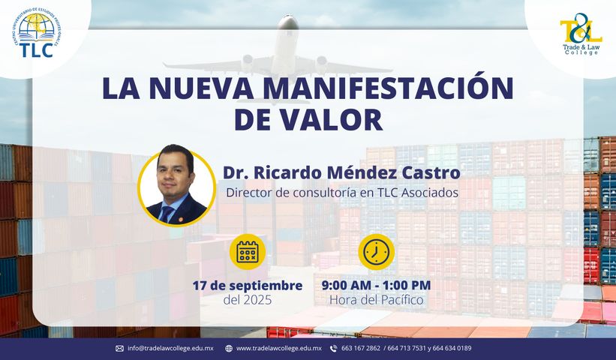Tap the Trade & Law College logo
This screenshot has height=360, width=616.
click(x=581, y=34)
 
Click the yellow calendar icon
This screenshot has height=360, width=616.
click(x=247, y=253)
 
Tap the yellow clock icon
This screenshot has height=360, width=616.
click(x=376, y=253)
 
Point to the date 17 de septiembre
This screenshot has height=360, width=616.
click(x=247, y=286)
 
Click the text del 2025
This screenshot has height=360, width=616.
click(x=247, y=301)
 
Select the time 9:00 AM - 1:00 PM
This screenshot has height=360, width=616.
click(x=376, y=286)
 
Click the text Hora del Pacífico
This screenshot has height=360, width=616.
click(x=376, y=301)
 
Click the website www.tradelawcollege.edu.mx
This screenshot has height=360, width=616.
click(x=279, y=348)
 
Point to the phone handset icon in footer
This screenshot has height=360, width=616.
click(x=333, y=348)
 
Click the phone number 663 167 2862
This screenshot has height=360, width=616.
click(x=360, y=348)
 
